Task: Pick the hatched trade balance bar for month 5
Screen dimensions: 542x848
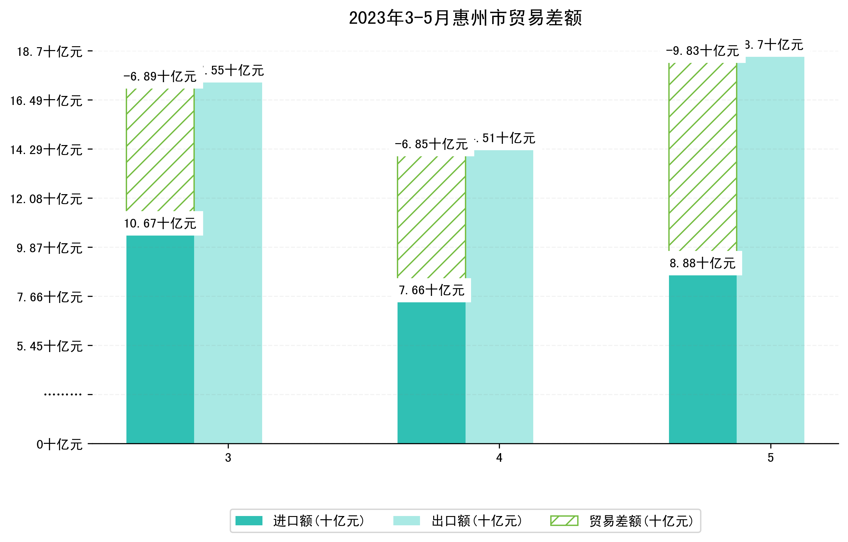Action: point(703,157)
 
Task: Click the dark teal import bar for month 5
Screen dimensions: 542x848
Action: point(703,359)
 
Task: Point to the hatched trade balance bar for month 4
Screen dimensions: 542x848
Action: point(432,217)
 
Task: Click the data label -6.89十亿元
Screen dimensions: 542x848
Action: point(160,76)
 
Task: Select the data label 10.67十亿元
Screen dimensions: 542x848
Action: point(160,223)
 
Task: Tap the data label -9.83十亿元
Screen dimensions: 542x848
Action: point(703,51)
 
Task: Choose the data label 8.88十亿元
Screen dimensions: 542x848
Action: point(703,263)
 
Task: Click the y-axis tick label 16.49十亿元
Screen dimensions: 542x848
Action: point(46,101)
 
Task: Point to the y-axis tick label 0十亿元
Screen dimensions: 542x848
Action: point(59,444)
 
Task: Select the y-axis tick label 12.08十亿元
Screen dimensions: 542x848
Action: point(46,199)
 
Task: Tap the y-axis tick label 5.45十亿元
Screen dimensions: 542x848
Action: point(50,347)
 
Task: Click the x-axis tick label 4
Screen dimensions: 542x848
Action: point(499,458)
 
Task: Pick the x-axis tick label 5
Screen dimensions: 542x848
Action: point(771,458)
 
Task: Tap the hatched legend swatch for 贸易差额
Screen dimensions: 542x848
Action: point(564,520)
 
